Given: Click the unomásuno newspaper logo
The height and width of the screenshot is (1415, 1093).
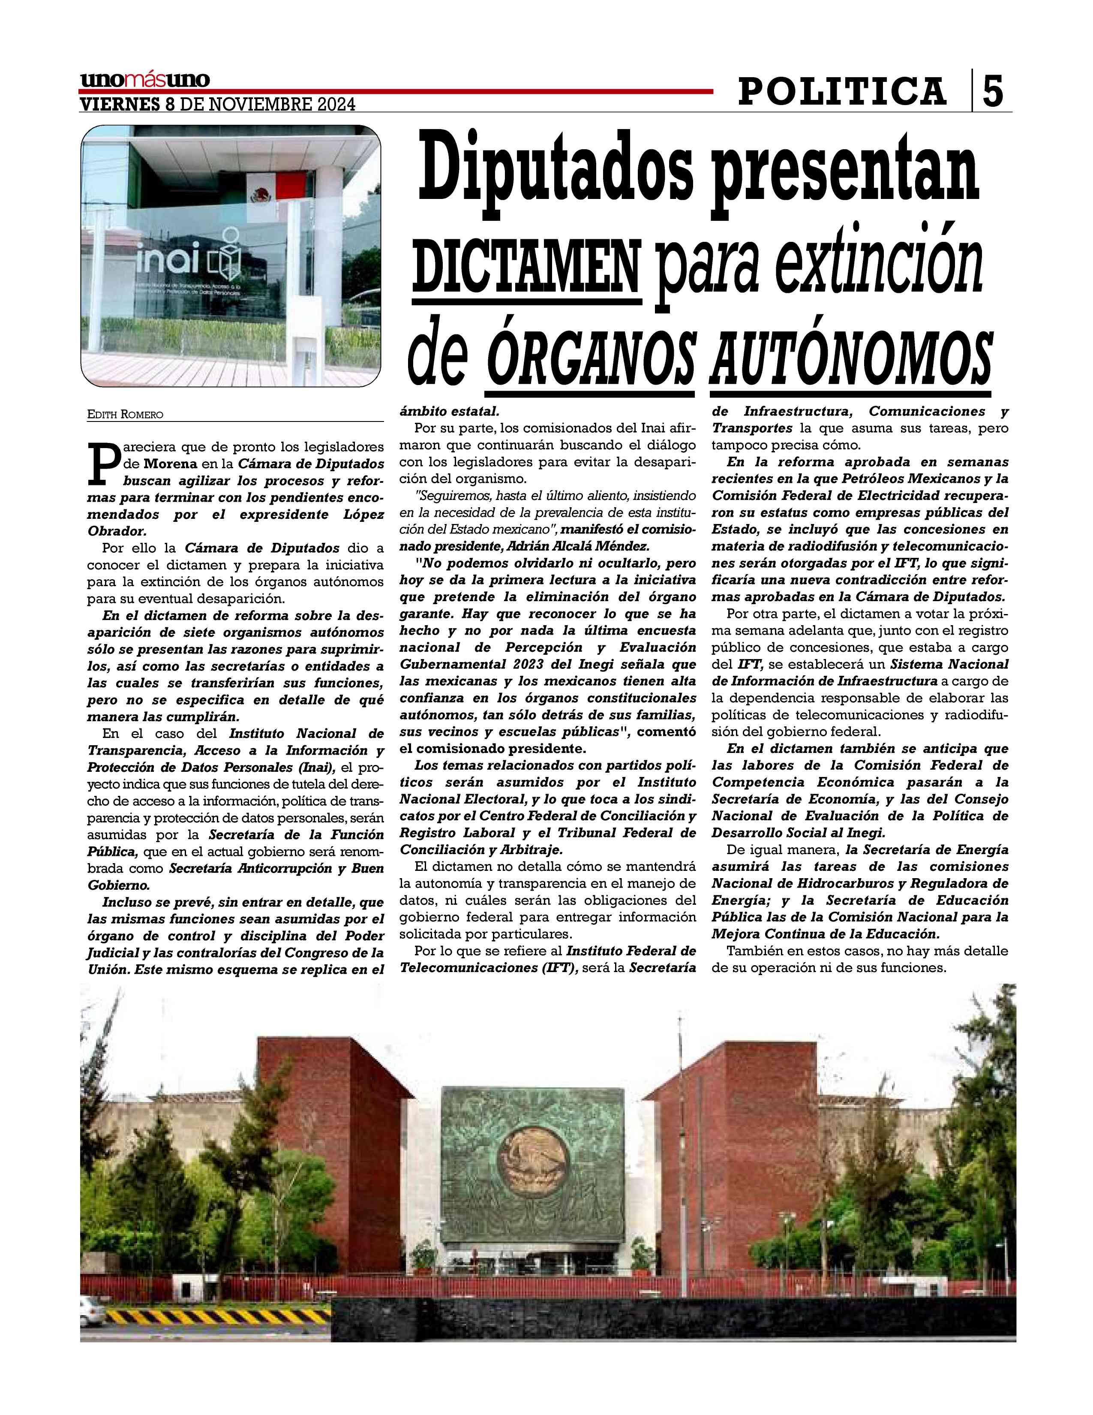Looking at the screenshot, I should click(144, 80).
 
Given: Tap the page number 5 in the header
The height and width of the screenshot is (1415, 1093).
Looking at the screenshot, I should click(993, 91).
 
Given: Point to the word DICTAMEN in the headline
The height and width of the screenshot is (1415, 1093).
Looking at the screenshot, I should click(526, 266).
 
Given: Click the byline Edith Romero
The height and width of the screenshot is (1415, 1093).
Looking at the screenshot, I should click(126, 414).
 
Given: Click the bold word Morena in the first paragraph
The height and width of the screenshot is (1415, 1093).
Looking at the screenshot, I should click(170, 464).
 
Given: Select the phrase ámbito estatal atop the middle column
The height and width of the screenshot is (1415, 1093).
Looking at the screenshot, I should click(449, 411).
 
